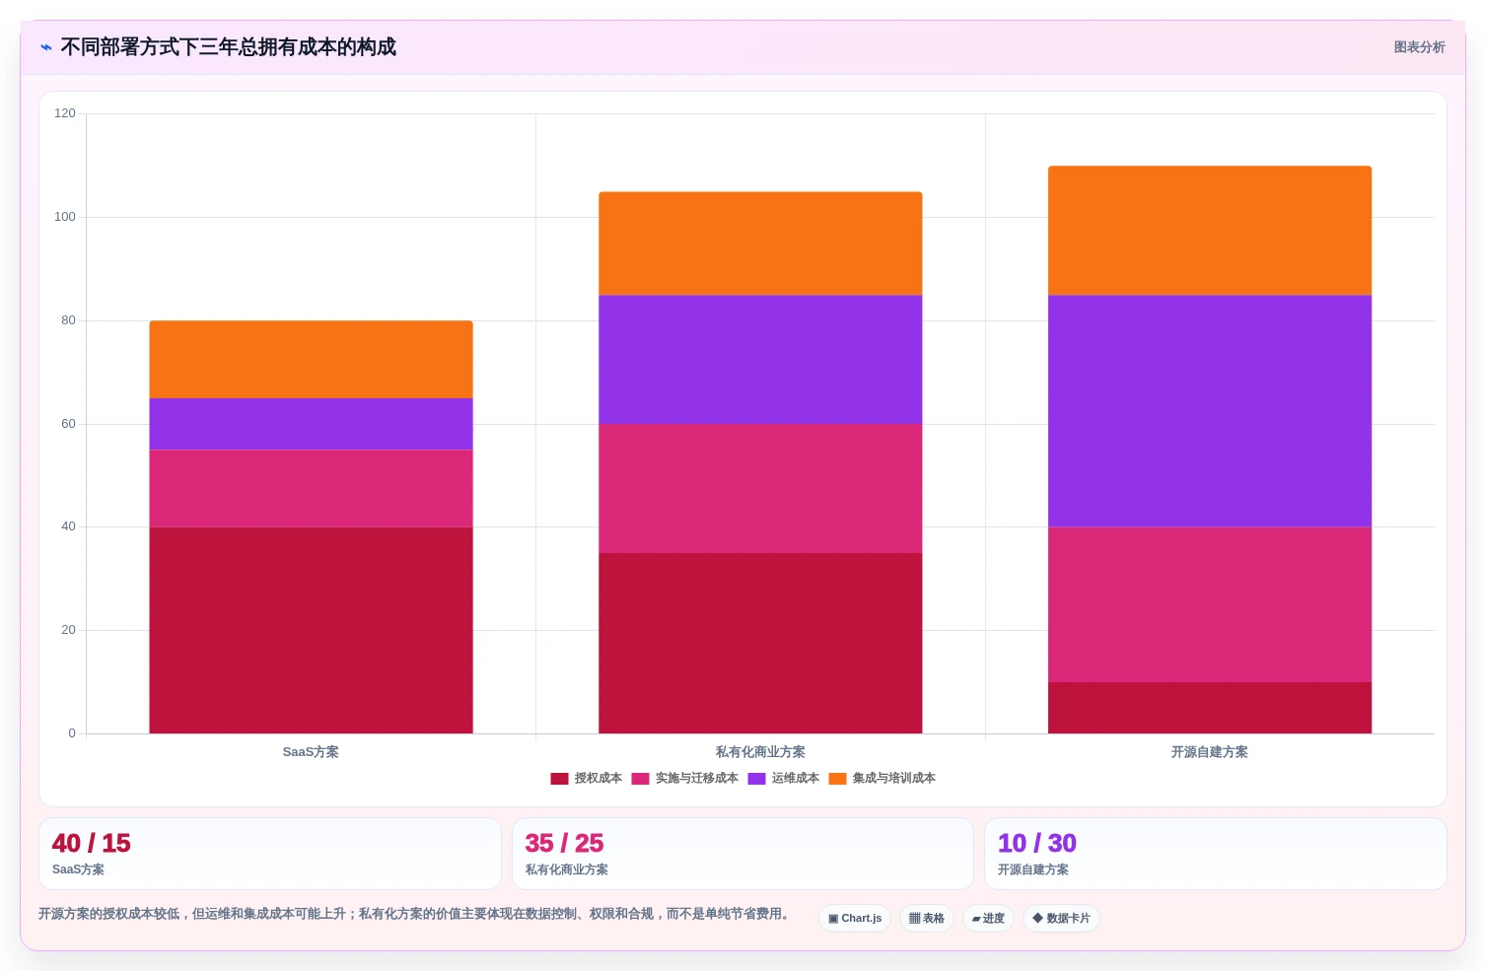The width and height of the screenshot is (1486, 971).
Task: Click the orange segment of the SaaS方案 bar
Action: point(311,360)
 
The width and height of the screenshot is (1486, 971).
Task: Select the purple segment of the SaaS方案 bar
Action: point(311,425)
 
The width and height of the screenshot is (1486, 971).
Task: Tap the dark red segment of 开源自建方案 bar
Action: point(1209,708)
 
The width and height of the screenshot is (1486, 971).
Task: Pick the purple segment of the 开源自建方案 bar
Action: point(1209,411)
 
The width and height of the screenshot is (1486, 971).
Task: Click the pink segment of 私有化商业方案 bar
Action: point(760,489)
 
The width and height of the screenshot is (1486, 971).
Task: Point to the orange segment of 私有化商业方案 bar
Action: point(760,243)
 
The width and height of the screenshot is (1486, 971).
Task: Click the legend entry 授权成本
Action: point(587,778)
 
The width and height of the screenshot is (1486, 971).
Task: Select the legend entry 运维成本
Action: point(784,778)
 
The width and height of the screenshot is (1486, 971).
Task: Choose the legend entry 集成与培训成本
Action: point(883,778)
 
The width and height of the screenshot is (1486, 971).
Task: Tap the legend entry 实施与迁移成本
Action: point(685,778)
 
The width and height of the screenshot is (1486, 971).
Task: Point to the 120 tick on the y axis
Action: point(65,113)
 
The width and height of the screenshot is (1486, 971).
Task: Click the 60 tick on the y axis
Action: point(68,424)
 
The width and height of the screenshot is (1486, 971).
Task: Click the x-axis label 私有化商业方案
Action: point(760,752)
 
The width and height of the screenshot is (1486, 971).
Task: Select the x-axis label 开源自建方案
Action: point(1209,752)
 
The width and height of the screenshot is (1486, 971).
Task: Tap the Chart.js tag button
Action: point(855,919)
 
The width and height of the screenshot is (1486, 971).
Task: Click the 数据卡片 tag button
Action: point(1061,919)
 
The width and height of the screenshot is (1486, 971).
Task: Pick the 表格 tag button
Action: point(927,919)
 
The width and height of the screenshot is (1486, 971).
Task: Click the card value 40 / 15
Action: point(92,843)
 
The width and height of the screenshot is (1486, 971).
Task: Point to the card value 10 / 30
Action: point(1037,843)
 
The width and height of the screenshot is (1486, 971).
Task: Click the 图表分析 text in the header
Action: point(1419,47)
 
